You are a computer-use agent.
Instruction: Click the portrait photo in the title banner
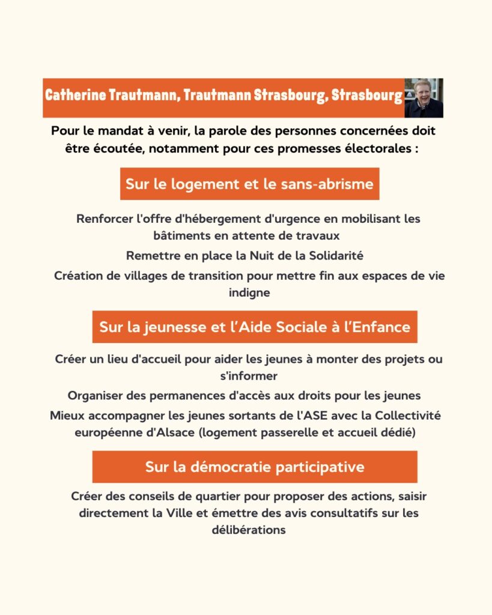point(424,98)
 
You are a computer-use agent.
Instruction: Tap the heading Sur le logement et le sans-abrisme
point(249,184)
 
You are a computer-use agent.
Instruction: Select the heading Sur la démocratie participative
point(255,467)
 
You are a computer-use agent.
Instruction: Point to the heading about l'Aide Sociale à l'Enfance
point(255,327)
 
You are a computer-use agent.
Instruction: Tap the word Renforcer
point(104,219)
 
